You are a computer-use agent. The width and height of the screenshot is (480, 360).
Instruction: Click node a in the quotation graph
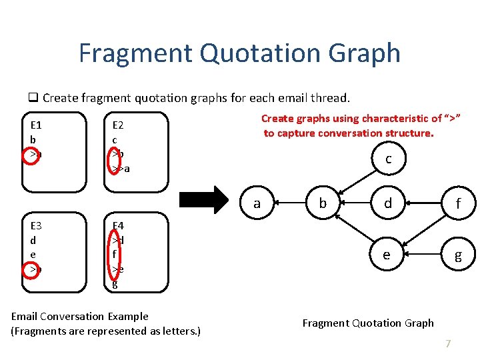pos(257,203)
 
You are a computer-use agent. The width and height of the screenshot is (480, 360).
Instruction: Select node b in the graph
pos(323,203)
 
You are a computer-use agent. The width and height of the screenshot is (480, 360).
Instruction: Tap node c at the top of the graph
pos(388,159)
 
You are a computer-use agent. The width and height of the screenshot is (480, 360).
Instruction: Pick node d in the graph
pos(388,203)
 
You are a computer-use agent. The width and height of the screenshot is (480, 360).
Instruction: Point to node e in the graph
pos(387,255)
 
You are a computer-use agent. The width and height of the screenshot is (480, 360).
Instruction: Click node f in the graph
pos(457,203)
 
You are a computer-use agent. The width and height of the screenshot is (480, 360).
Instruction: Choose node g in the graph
pos(457,255)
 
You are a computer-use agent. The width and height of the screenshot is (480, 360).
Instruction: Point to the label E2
pos(118,125)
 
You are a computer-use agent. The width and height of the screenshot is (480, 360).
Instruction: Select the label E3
pos(37,225)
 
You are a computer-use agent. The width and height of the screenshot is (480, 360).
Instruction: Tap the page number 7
pos(448,344)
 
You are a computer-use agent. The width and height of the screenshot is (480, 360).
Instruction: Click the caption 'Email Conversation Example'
pos(80,316)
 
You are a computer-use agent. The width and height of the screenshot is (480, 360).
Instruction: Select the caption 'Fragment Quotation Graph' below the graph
pos(368,323)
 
